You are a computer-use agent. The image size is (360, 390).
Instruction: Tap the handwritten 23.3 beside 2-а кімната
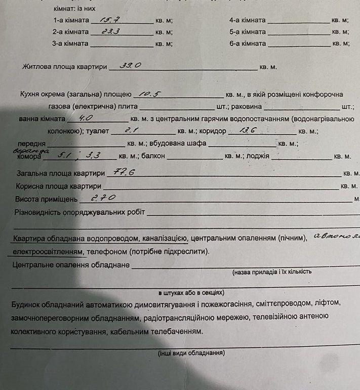point(110,31)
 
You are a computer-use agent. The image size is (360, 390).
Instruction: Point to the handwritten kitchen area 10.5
point(150,93)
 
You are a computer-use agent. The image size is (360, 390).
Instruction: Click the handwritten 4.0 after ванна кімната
point(82,118)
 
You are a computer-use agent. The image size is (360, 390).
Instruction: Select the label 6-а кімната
point(247,44)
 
